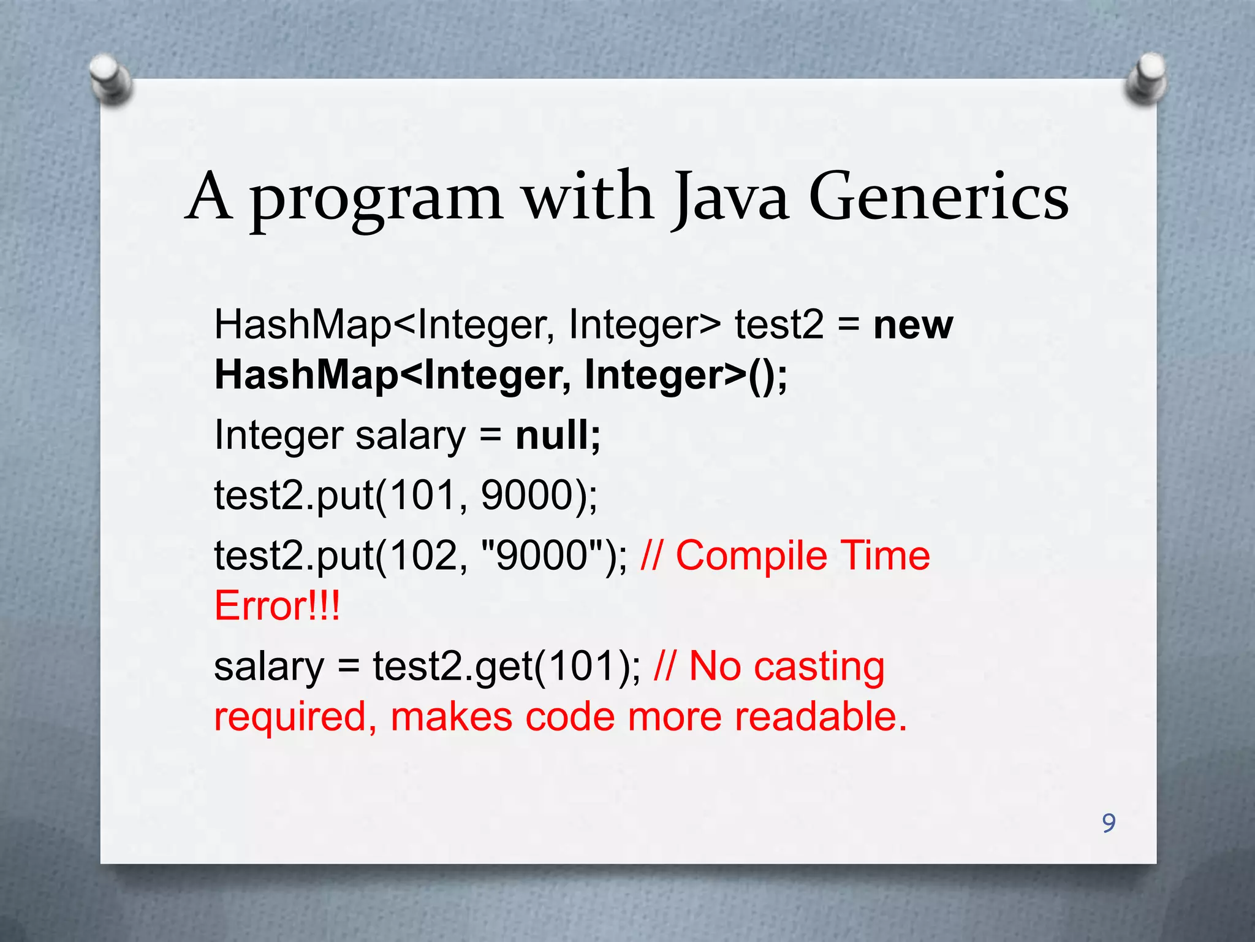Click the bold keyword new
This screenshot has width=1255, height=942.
pyautogui.click(x=913, y=326)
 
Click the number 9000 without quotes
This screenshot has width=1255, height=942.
pyautogui.click(x=527, y=496)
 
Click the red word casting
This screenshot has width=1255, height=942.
pyautogui.click(x=819, y=667)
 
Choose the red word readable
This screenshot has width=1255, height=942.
pyautogui.click(x=821, y=717)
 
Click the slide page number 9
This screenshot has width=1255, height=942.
pyautogui.click(x=1109, y=823)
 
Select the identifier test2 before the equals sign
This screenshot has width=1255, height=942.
pyautogui.click(x=779, y=324)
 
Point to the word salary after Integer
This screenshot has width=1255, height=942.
pyautogui.click(x=411, y=436)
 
